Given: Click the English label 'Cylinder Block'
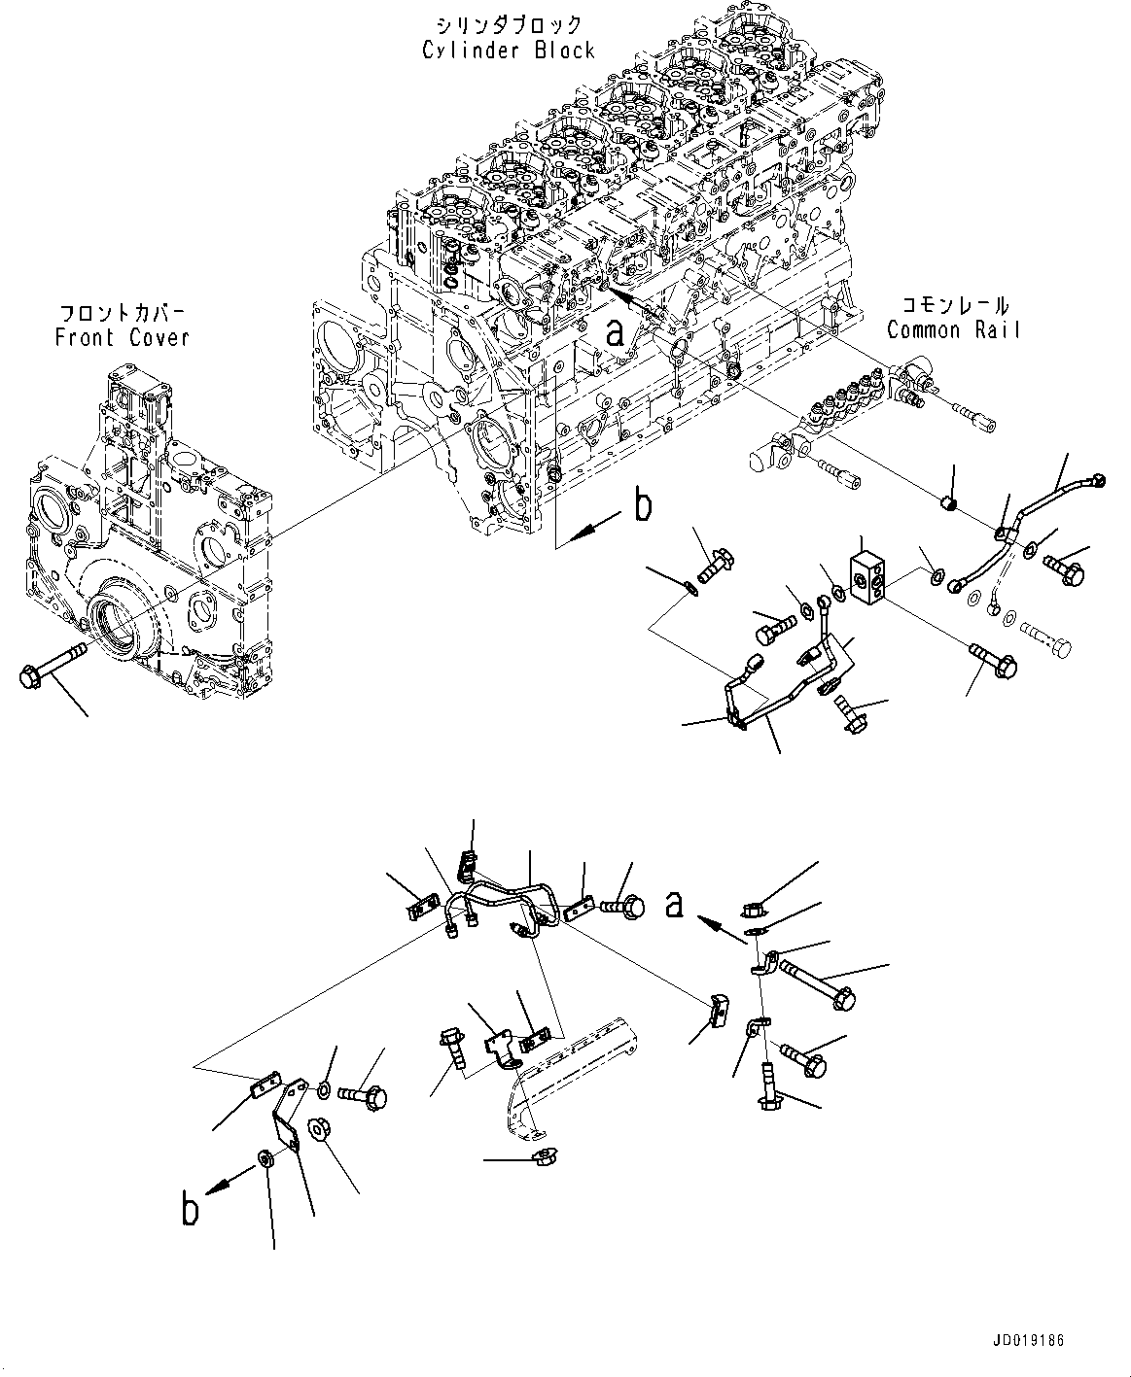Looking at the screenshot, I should pyautogui.click(x=508, y=51).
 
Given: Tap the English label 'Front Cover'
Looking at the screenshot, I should pyautogui.click(x=122, y=338).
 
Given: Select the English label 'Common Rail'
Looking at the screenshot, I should pyautogui.click(x=953, y=330).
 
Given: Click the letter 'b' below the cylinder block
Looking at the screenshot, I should pyautogui.click(x=643, y=505).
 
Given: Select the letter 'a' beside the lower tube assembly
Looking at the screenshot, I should pyautogui.click(x=675, y=904).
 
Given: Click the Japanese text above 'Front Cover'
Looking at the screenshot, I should pyautogui.click(x=123, y=314).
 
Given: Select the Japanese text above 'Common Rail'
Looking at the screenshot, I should pyautogui.click(x=952, y=306).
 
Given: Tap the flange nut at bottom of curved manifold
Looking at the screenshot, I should pyautogui.click(x=538, y=1156).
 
